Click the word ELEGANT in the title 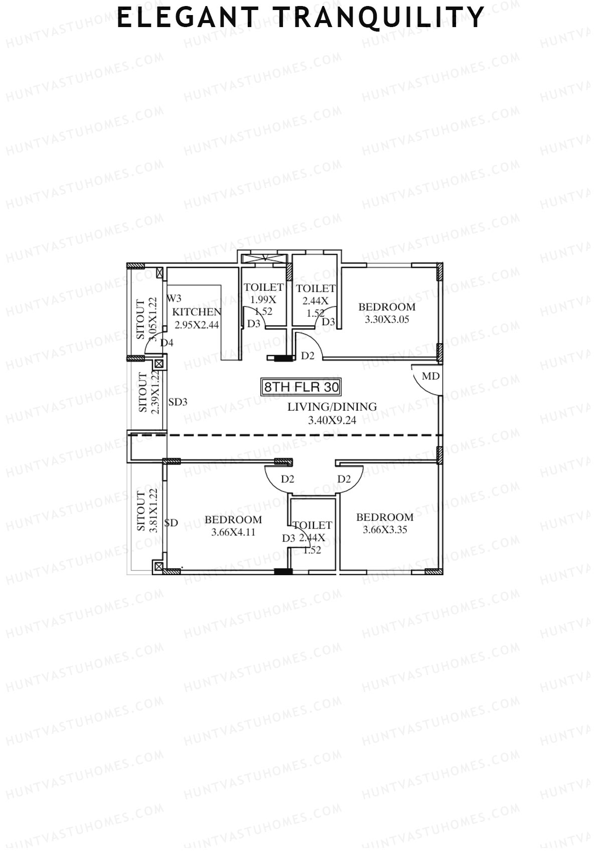[x=187, y=18]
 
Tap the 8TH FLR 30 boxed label [x=302, y=387]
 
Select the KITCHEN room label [x=197, y=312]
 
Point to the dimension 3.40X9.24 [x=332, y=420]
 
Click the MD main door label [x=430, y=376]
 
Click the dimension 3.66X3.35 [x=385, y=530]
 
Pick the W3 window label [x=174, y=298]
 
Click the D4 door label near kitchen [x=167, y=343]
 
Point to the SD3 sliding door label [x=178, y=402]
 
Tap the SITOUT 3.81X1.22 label [x=147, y=510]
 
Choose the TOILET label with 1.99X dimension [x=263, y=287]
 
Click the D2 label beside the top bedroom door [x=308, y=356]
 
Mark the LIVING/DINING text [x=332, y=407]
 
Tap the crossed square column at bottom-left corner [x=159, y=567]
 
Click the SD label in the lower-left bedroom [x=171, y=523]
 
